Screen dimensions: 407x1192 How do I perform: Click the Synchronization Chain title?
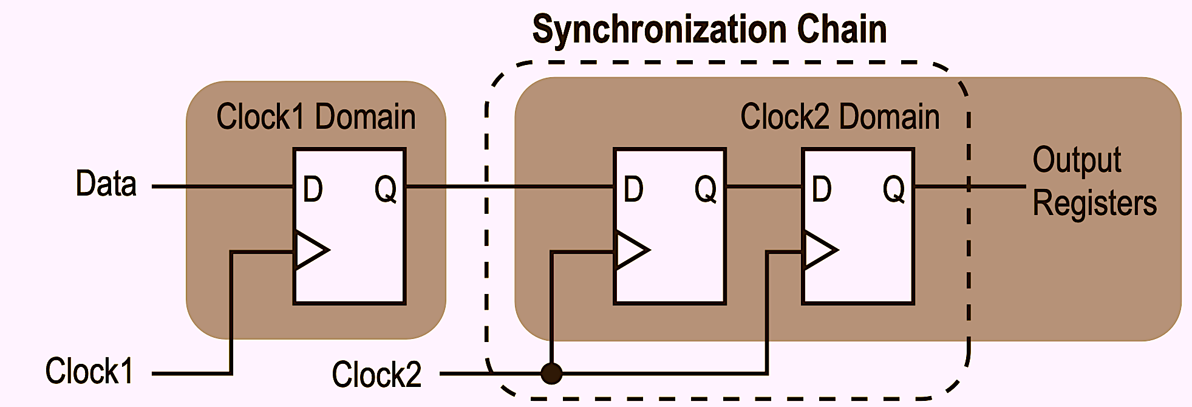[x=709, y=29]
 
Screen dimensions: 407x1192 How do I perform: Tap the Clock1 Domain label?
[x=316, y=117]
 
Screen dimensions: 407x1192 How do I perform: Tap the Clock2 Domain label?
[x=839, y=117]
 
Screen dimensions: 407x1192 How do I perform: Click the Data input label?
[x=106, y=183]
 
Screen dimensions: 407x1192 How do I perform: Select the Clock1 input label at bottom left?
[x=89, y=371]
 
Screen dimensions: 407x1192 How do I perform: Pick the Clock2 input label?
[x=376, y=374]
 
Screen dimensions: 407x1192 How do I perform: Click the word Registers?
[x=1094, y=203]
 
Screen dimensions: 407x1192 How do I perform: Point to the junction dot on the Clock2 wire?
[x=551, y=373]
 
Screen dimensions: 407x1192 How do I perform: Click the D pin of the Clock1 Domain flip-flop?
[x=313, y=189]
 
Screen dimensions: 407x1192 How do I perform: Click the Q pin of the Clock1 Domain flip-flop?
[x=386, y=189]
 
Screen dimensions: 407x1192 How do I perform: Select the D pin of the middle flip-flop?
[x=633, y=189]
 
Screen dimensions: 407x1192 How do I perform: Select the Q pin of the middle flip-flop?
[x=706, y=189]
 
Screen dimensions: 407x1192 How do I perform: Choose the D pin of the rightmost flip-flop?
[x=822, y=189]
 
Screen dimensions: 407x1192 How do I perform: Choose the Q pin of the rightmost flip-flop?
[x=894, y=189]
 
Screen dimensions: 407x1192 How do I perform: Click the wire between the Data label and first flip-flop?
[x=222, y=186]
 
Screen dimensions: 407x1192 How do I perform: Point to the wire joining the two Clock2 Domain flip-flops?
[x=764, y=186]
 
